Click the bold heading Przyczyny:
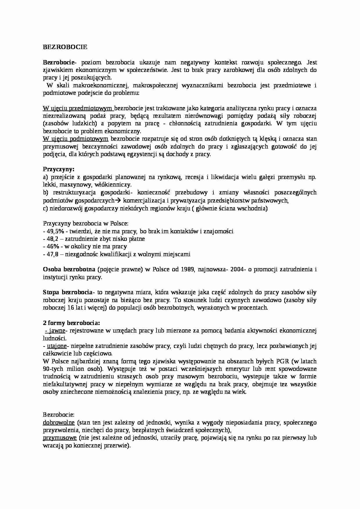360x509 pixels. [x=59, y=169]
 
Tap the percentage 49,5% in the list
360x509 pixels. [x=55, y=231]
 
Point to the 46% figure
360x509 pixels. [x=52, y=246]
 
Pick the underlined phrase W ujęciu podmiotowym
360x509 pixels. [x=76, y=139]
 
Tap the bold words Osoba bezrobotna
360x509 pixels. [x=69, y=269]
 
